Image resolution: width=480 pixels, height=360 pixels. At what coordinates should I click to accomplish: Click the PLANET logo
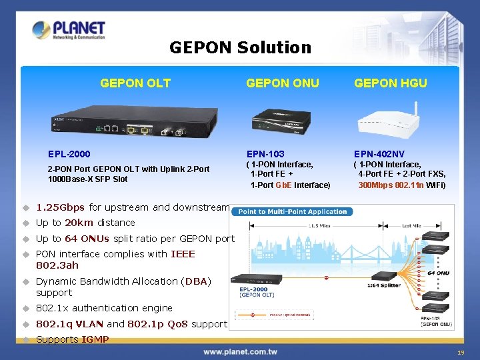coord(69,31)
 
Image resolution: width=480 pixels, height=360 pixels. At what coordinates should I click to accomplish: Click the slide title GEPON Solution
coord(240,47)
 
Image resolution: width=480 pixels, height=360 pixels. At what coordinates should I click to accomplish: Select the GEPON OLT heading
coord(135,83)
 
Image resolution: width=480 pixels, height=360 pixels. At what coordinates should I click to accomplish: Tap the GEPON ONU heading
coord(283,83)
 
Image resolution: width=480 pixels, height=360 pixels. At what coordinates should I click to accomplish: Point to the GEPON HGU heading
coord(391,83)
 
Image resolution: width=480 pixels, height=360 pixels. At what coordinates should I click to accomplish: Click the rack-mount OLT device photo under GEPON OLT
coord(135,123)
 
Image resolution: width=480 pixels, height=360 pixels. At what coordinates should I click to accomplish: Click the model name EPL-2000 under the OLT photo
coord(69,154)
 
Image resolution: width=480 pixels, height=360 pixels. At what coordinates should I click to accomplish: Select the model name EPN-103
coord(265,154)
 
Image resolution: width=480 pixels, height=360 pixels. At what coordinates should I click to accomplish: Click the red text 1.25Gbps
coord(60,207)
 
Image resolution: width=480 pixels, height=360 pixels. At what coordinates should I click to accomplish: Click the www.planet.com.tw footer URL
coord(241,351)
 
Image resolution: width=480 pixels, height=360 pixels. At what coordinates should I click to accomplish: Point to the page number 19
coord(461,352)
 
